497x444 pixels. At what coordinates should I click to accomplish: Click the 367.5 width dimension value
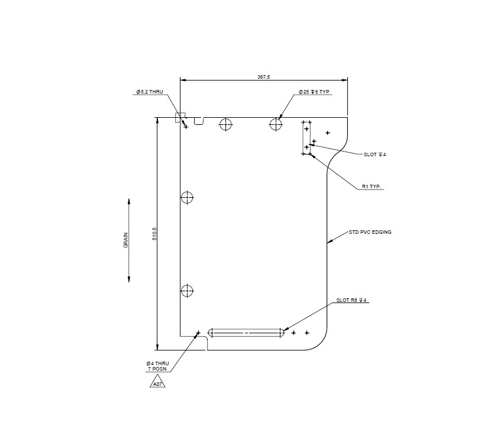[263, 77]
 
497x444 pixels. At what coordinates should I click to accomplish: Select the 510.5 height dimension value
[154, 234]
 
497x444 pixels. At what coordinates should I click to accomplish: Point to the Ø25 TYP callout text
[314, 92]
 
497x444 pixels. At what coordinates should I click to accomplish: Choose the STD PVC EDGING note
[370, 232]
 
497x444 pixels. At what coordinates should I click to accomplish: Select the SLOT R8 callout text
[352, 300]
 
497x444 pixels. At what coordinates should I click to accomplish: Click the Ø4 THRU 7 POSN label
[158, 366]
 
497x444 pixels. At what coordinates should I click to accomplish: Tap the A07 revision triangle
[157, 384]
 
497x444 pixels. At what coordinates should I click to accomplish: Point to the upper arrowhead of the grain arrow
[129, 202]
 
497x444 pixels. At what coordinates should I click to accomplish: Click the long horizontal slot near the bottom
[246, 333]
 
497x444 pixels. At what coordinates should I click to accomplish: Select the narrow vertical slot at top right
[306, 138]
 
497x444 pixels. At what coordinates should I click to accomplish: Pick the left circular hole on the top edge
[225, 124]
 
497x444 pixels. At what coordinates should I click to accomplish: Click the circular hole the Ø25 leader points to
[276, 124]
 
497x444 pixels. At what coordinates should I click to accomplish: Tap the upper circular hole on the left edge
[187, 197]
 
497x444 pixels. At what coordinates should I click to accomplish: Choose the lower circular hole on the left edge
[187, 291]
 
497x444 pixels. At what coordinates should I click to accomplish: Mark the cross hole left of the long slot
[198, 333]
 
